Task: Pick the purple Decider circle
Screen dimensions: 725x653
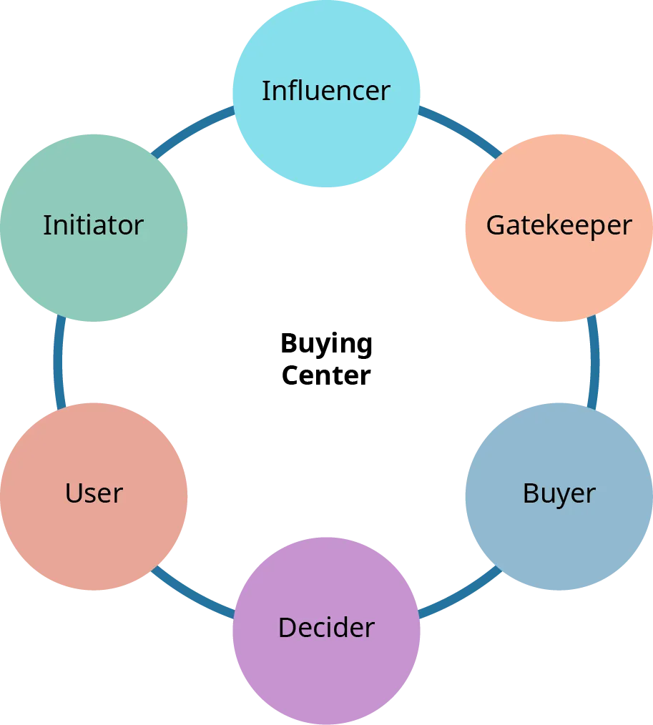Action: pyautogui.click(x=326, y=672)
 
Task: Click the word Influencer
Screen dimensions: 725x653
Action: pyautogui.click(x=326, y=91)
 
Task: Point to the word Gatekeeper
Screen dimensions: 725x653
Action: pyautogui.click(x=559, y=225)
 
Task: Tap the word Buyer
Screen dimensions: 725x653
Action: pyautogui.click(x=559, y=493)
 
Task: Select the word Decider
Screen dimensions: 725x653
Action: pyautogui.click(x=326, y=628)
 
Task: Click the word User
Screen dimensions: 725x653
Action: pyautogui.click(x=94, y=493)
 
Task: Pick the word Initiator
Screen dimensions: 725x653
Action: pyautogui.click(x=94, y=225)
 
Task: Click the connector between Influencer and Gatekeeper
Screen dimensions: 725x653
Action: pyautogui.click(x=459, y=129)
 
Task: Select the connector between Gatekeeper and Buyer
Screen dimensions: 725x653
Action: pyautogui.click(x=592, y=361)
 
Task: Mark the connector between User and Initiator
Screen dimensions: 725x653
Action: pyautogui.click(x=59, y=361)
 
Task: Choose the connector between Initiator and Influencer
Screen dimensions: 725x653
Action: pyautogui.click(x=192, y=129)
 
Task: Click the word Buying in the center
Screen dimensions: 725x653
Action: pyautogui.click(x=326, y=346)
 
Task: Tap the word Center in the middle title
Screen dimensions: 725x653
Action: pyautogui.click(x=326, y=375)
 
